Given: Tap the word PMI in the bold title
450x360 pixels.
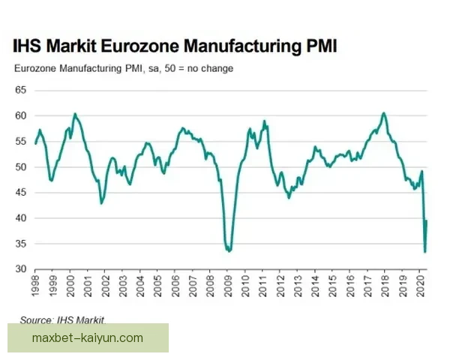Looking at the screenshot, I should click(x=319, y=47).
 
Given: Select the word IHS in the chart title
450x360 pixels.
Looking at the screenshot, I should click(x=28, y=47).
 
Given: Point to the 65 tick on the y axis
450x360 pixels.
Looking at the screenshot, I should click(x=21, y=90).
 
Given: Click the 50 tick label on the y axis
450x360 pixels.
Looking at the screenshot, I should click(x=21, y=166).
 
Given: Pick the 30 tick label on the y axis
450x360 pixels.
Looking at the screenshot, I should click(x=21, y=269).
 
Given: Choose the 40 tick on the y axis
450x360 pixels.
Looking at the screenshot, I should click(x=21, y=218).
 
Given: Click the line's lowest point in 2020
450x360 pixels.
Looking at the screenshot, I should click(x=425, y=252).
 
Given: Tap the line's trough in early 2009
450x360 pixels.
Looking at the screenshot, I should click(x=229, y=251).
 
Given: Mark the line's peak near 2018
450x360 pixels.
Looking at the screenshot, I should click(x=384, y=113).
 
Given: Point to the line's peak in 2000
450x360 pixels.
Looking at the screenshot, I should click(x=75, y=114).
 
